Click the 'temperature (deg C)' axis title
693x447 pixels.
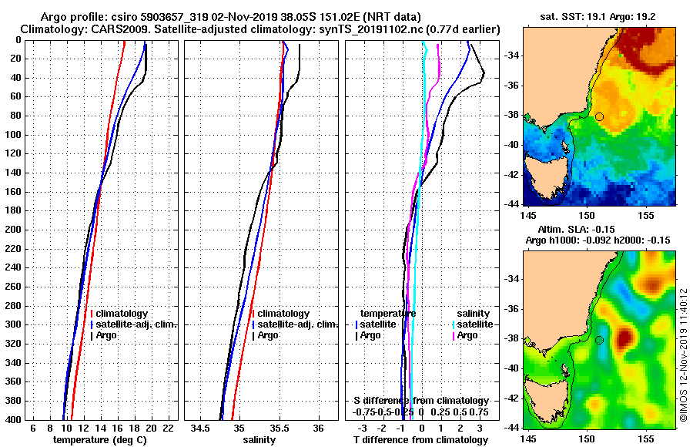coord(99,439)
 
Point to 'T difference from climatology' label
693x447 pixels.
coord(420,439)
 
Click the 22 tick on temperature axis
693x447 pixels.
coord(169,427)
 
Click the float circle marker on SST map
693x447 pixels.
coord(599,116)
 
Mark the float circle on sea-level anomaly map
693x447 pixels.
coord(599,340)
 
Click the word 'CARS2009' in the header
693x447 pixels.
coord(97,29)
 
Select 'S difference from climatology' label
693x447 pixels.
coord(420,401)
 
